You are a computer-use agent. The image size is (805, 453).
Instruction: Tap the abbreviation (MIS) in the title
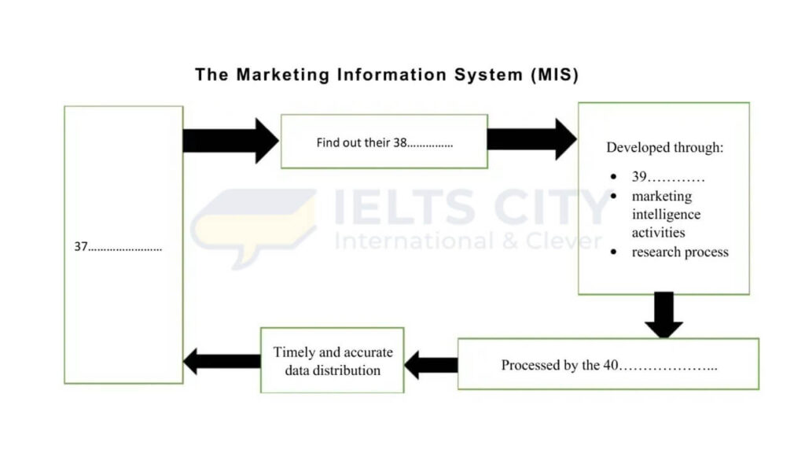[554, 75]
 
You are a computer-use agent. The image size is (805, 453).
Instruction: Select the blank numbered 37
[118, 247]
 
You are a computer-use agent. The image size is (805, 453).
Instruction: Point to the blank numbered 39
[668, 177]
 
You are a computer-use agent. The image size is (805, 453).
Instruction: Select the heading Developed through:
[665, 147]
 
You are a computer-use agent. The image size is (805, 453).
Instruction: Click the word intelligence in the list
[666, 214]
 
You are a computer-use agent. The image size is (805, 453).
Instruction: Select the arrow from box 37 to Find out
[230, 141]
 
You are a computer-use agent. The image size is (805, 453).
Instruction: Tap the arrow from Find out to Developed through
[531, 139]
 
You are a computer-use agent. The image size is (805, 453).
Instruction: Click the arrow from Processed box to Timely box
[431, 365]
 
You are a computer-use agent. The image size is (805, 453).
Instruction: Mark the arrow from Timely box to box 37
[222, 362]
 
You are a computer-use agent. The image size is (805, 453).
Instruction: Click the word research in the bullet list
[657, 252]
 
